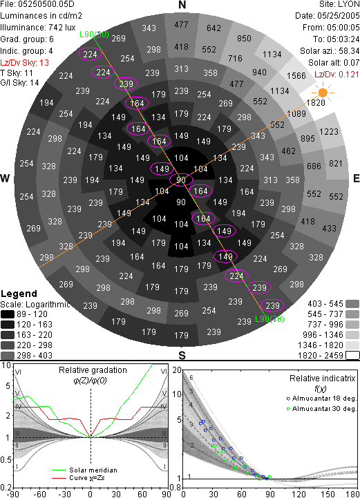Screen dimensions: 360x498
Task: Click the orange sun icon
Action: point(323,93)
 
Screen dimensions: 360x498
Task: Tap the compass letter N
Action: point(182,5)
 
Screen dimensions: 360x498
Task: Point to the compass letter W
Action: point(5,178)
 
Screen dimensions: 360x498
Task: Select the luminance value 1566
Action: point(296,75)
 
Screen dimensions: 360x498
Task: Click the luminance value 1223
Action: point(328,131)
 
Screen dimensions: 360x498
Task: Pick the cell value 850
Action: point(244,39)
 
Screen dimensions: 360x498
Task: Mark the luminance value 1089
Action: point(296,114)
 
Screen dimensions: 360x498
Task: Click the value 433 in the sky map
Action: point(329,228)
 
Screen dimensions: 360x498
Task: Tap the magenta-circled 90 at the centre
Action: point(181,180)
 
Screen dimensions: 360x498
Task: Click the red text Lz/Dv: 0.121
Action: point(337,75)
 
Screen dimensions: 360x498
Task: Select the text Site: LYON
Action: point(339,4)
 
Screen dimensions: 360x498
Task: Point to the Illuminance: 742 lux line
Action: point(38,28)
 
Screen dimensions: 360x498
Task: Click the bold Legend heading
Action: point(19,294)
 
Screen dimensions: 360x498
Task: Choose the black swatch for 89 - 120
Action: point(8,314)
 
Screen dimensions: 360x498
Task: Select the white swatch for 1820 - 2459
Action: point(352,355)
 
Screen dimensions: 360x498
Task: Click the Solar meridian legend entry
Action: point(84,470)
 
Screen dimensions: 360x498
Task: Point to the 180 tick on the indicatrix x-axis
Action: point(352,494)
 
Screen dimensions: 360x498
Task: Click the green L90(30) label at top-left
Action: point(94,35)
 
